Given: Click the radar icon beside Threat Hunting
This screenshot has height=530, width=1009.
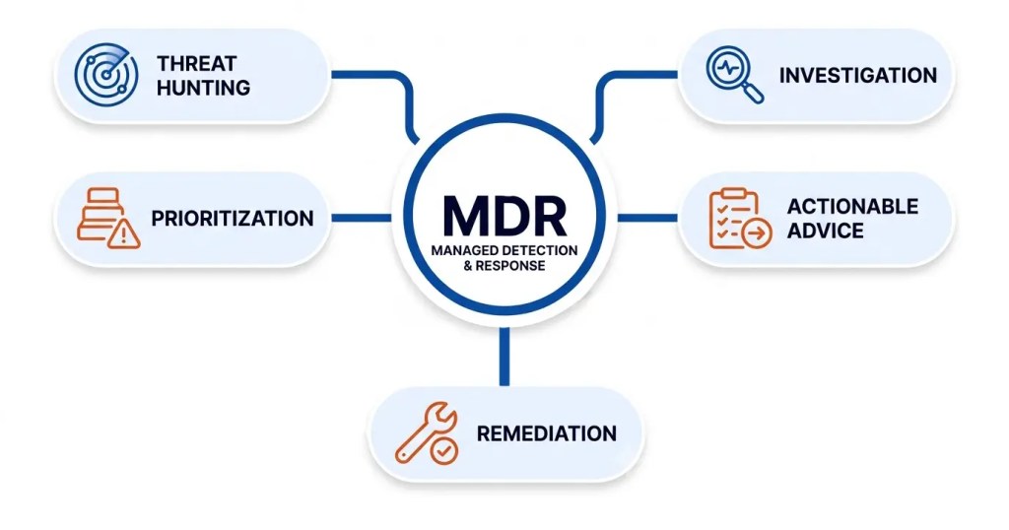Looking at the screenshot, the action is point(106,75).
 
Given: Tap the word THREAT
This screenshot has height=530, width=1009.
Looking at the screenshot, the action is point(196,64).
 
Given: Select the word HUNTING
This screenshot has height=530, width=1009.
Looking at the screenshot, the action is point(203,88).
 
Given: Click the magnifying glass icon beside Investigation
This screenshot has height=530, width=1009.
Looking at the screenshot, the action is point(734,75).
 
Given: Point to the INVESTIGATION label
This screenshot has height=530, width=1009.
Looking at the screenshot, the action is point(858,75).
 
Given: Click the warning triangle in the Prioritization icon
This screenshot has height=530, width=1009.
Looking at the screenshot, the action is point(123,232).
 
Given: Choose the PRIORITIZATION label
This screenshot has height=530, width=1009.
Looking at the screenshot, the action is point(233,218).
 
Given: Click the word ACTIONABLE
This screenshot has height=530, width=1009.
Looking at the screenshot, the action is point(852,207).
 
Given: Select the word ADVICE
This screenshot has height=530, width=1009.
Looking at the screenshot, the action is point(826,231).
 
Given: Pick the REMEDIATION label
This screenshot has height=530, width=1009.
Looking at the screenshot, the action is point(546,433).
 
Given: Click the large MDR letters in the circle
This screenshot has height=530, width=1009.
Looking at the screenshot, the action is point(504,216).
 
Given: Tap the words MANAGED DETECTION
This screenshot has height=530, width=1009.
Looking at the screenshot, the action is point(504,250).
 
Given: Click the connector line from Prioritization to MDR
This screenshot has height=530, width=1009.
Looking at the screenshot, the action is point(362,218).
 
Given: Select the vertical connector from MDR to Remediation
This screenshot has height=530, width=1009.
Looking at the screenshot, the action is point(504,357).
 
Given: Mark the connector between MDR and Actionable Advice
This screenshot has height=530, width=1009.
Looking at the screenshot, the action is point(647,218).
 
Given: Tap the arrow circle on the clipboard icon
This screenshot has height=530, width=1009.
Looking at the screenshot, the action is point(757,232).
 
